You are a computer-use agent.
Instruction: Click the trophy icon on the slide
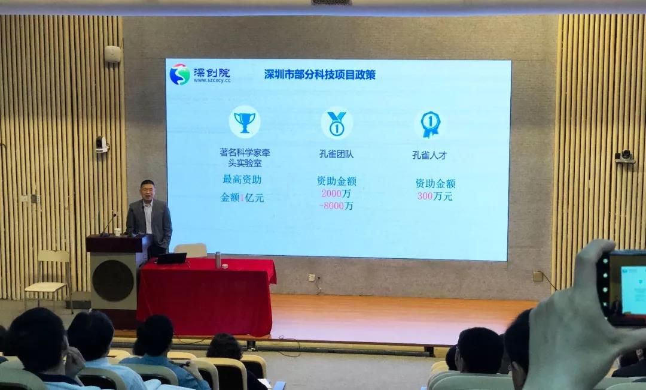(245, 122)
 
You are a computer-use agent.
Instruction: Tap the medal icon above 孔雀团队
(337, 123)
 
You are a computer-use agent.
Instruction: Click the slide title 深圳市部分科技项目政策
(319, 74)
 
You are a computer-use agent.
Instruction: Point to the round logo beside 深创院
(179, 74)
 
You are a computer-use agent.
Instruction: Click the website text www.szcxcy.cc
(212, 81)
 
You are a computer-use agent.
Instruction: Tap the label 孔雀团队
(336, 154)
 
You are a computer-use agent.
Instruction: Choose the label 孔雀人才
(429, 155)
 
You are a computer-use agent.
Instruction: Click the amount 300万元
(435, 196)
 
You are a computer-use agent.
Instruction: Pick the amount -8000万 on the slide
(336, 205)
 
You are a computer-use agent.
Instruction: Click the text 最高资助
(242, 180)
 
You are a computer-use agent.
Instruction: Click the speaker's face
(147, 191)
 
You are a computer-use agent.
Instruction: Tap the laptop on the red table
(171, 258)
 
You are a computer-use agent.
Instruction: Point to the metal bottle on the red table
(218, 260)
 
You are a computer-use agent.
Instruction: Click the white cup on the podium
(117, 232)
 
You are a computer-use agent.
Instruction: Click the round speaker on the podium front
(113, 280)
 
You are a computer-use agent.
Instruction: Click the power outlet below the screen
(312, 278)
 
